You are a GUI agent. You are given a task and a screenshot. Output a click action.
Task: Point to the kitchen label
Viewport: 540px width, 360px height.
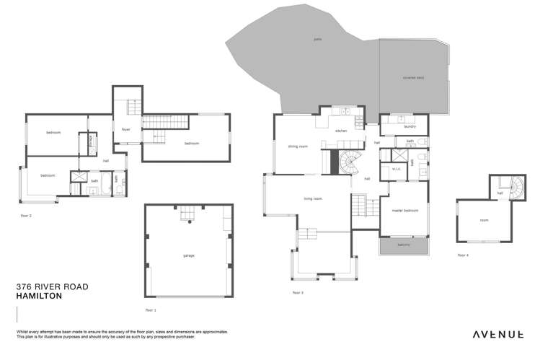[x=341, y=131]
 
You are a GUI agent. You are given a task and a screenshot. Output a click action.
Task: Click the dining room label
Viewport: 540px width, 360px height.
[x=298, y=146]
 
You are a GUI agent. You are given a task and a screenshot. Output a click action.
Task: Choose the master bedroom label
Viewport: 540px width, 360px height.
[x=406, y=210]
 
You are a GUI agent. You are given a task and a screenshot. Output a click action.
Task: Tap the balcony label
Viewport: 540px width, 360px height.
[x=404, y=245]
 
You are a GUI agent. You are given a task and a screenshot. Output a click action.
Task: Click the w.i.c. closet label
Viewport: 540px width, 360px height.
[x=395, y=169]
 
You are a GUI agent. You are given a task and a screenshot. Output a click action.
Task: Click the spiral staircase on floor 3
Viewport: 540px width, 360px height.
[x=351, y=164]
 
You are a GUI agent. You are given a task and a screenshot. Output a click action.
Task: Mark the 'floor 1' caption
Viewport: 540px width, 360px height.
[x=150, y=310]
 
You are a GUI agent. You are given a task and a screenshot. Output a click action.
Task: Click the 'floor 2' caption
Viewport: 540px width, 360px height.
[x=26, y=216]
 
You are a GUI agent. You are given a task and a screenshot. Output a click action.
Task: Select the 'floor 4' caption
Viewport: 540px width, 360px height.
[x=462, y=255]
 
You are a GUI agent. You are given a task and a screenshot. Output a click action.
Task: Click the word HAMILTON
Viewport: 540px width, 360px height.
[x=40, y=296]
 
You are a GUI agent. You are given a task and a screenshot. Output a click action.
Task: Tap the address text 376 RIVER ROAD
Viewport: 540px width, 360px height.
[x=52, y=286]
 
